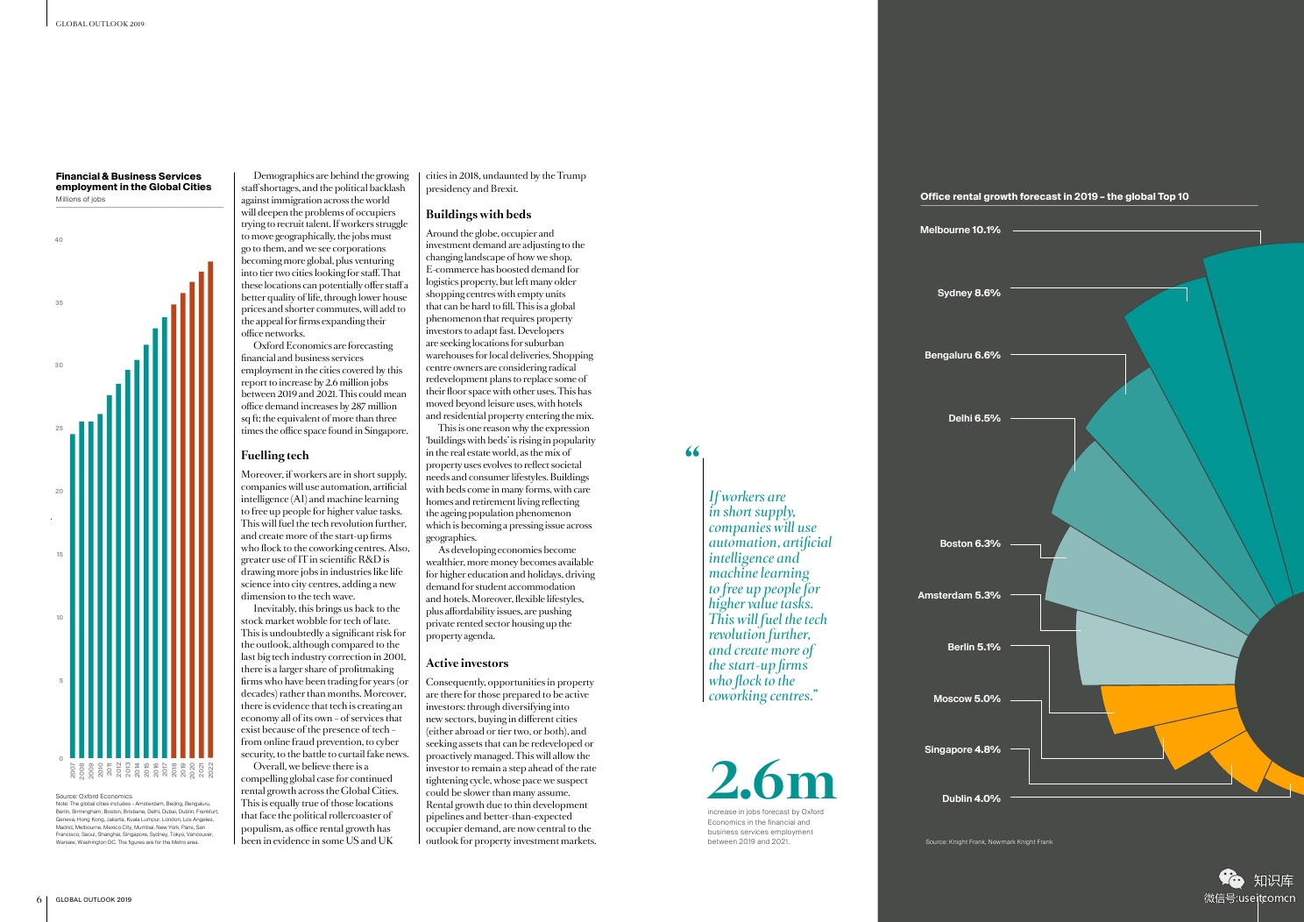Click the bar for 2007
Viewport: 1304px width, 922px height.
73,596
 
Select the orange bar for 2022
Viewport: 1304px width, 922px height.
210,508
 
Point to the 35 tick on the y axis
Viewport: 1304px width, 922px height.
59,302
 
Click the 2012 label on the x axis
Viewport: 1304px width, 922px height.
118,770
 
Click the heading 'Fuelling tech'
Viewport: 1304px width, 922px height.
275,455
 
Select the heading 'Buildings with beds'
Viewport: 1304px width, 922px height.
478,214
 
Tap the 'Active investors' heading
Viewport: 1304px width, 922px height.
467,663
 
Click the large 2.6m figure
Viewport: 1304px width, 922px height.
772,780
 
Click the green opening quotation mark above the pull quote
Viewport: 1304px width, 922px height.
692,452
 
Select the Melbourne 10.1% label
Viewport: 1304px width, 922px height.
960,230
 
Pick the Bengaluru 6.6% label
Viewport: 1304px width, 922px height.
962,355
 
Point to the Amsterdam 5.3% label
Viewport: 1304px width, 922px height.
959,595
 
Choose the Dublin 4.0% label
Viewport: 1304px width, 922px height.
971,798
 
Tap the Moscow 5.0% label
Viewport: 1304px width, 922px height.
967,699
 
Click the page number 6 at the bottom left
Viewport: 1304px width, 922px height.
39,899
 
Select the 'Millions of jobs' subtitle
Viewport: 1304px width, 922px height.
81,199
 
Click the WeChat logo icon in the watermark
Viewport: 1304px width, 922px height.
1231,878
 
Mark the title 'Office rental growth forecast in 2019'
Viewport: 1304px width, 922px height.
1054,196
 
